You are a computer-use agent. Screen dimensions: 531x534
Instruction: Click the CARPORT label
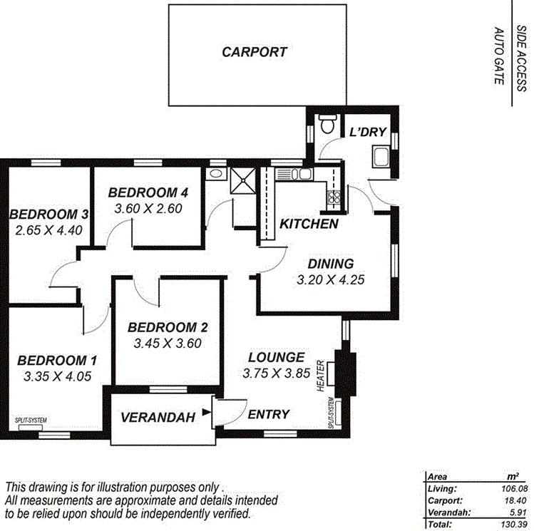pyautogui.click(x=254, y=52)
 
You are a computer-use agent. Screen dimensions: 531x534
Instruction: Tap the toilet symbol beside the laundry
pyautogui.click(x=327, y=126)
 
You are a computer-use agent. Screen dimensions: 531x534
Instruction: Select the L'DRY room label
pyautogui.click(x=367, y=131)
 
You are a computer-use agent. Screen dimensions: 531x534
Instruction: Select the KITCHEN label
pyautogui.click(x=308, y=224)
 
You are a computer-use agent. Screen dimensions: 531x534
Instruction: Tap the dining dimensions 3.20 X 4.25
pyautogui.click(x=330, y=280)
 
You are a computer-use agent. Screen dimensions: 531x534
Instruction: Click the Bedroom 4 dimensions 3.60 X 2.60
pyautogui.click(x=148, y=209)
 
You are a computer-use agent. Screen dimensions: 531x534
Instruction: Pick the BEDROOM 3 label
pyautogui.click(x=48, y=214)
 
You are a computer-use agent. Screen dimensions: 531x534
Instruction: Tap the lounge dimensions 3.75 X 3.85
pyautogui.click(x=276, y=373)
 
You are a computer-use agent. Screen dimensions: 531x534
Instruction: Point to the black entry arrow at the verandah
pyautogui.click(x=207, y=411)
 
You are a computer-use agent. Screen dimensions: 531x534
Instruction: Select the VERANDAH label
pyautogui.click(x=157, y=418)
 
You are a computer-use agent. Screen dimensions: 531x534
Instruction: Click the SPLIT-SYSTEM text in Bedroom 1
pyautogui.click(x=31, y=421)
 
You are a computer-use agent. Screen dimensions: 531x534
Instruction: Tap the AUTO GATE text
pyautogui.click(x=499, y=56)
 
